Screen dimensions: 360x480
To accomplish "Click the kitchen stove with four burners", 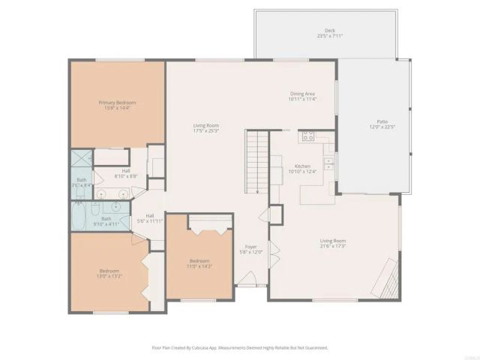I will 307,136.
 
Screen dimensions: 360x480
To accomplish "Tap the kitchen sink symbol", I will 328,162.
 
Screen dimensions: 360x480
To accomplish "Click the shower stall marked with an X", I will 79,161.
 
